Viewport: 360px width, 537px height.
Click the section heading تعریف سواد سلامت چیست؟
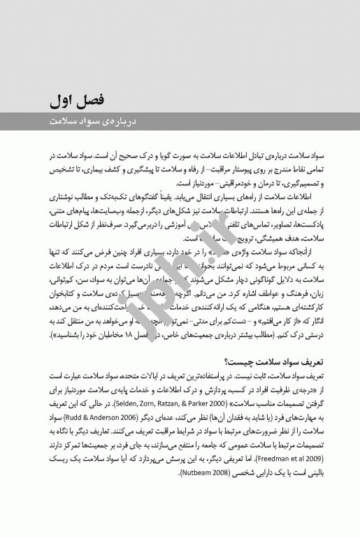[x=275, y=361]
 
